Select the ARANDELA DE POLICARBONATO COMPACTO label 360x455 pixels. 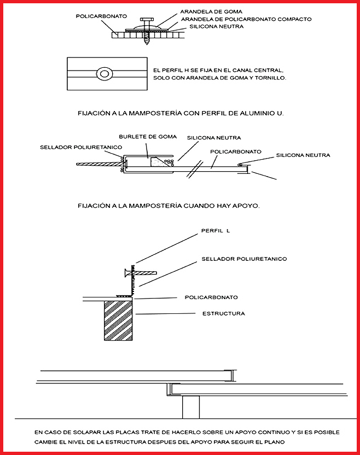coord(246,19)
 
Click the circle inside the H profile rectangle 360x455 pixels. coord(104,73)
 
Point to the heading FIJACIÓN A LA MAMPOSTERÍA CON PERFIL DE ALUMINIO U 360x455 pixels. coord(185,113)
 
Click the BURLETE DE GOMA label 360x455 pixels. coord(141,136)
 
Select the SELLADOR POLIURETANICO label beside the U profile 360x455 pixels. coord(81,147)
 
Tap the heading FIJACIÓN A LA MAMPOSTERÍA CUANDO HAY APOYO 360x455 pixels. coord(169,206)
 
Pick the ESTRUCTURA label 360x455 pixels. coord(224,313)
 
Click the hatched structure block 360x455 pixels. coord(119,319)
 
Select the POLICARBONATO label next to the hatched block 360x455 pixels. coord(211,297)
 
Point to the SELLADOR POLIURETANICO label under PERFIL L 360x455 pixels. coord(244,259)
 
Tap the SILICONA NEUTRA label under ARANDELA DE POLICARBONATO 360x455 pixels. coord(215,26)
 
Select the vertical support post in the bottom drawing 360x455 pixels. coord(191,407)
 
